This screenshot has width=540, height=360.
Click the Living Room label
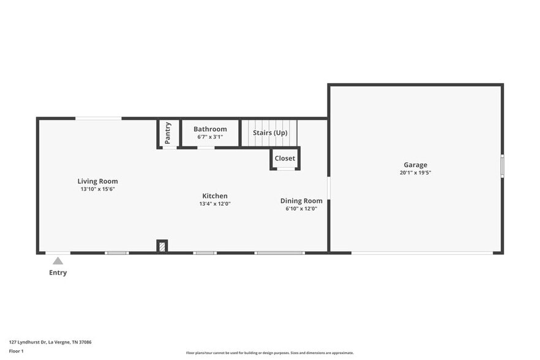click(x=97, y=181)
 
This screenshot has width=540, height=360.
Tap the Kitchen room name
click(x=215, y=196)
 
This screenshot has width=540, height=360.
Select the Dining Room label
click(x=301, y=201)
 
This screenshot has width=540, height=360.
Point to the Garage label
click(x=415, y=165)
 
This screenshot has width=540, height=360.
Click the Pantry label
click(x=168, y=132)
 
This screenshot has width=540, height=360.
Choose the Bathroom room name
click(x=210, y=129)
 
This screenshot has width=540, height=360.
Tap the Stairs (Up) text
click(x=270, y=133)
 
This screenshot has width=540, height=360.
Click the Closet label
click(x=285, y=159)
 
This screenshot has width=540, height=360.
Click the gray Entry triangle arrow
click(x=58, y=261)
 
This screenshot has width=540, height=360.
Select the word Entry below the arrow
click(x=58, y=272)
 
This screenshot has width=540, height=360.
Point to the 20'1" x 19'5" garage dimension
click(x=415, y=173)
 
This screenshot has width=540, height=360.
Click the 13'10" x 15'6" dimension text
click(x=97, y=189)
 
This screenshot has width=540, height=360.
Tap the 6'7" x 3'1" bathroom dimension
click(x=210, y=137)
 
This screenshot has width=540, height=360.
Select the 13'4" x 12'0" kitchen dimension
click(x=215, y=204)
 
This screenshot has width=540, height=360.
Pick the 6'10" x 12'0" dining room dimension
click(x=301, y=209)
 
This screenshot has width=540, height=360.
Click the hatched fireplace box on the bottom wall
click(x=162, y=246)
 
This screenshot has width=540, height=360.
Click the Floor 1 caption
click(x=16, y=351)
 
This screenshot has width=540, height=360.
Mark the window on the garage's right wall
click(x=502, y=166)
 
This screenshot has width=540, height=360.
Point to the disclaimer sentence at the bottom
click(x=270, y=353)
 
